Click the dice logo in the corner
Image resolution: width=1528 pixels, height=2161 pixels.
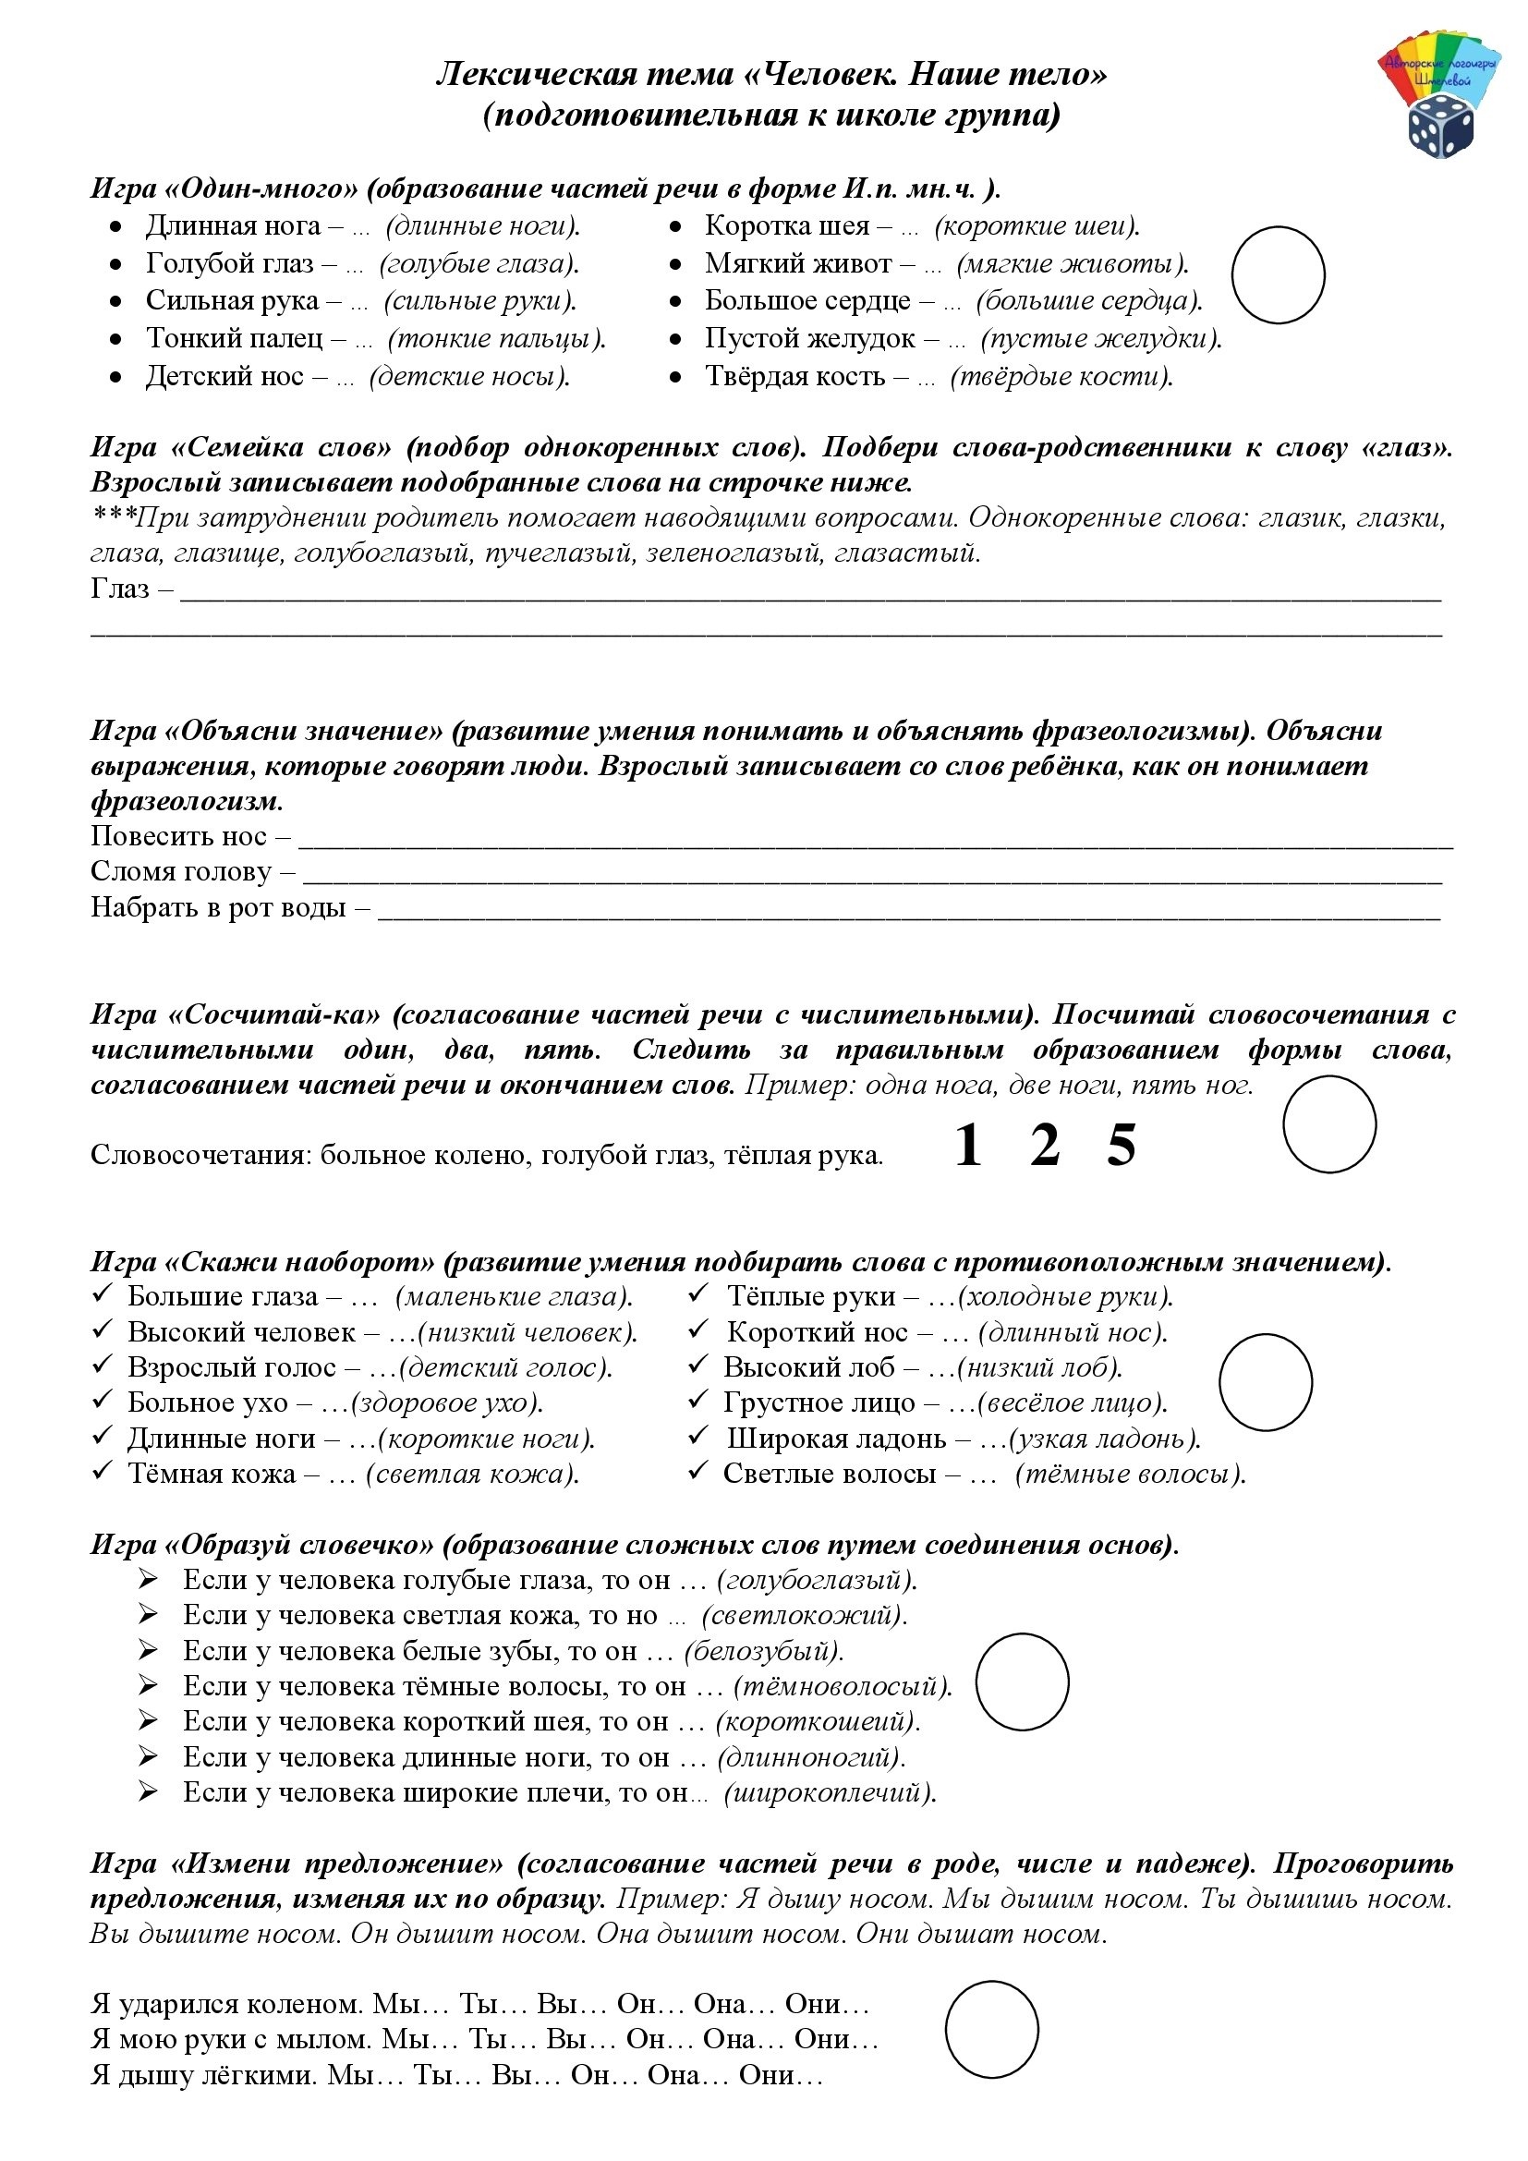(1440, 129)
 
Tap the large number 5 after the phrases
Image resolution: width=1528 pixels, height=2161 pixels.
(1121, 1146)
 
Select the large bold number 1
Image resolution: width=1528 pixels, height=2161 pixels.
(968, 1146)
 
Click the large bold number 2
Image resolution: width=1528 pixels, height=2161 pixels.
(1045, 1146)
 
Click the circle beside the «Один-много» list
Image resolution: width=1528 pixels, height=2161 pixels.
(1278, 274)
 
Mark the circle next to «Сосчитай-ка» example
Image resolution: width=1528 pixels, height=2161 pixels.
(1328, 1124)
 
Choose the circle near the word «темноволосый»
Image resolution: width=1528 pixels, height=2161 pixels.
(1022, 1681)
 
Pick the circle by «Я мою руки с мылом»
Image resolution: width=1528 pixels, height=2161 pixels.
(991, 2030)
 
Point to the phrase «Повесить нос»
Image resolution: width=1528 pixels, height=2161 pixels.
(179, 836)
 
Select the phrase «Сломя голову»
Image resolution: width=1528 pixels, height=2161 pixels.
(181, 871)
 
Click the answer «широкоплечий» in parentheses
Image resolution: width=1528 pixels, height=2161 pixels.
(829, 1792)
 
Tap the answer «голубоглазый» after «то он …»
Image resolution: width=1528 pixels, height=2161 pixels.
(816, 1579)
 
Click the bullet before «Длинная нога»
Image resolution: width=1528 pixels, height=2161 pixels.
(115, 227)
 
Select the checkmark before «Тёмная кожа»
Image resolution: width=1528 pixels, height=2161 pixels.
(103, 1472)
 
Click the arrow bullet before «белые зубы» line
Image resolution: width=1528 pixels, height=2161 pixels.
(149, 1650)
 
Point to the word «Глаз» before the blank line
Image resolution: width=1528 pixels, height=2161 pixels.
(120, 589)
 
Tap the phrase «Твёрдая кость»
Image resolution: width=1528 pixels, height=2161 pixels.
(795, 376)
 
